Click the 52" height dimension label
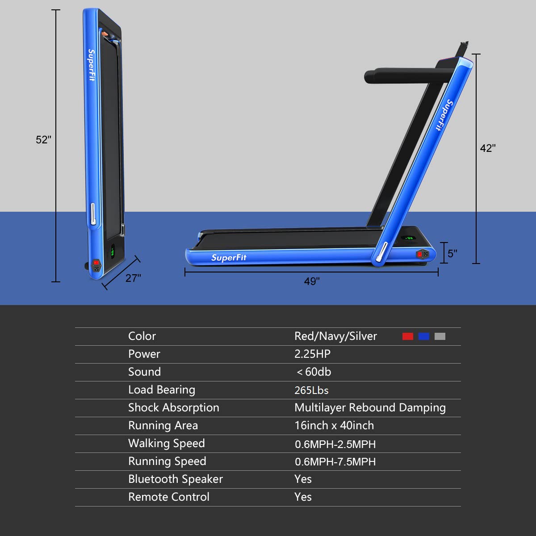tap(43, 140)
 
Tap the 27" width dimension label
tap(133, 278)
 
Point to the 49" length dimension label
tap(312, 281)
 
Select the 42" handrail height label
tap(488, 148)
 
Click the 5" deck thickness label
tap(452, 253)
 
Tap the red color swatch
tap(408, 336)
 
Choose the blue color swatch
tap(424, 336)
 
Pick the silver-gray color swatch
tap(440, 336)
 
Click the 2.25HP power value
tap(312, 354)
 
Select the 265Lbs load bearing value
tap(311, 390)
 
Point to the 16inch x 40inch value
tap(334, 426)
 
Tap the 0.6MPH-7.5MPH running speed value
tap(335, 462)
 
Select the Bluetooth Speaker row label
tap(176, 479)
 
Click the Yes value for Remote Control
tap(303, 497)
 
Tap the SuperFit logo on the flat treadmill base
tap(229, 258)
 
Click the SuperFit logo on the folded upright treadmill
tap(92, 65)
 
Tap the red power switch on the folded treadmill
tap(96, 263)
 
